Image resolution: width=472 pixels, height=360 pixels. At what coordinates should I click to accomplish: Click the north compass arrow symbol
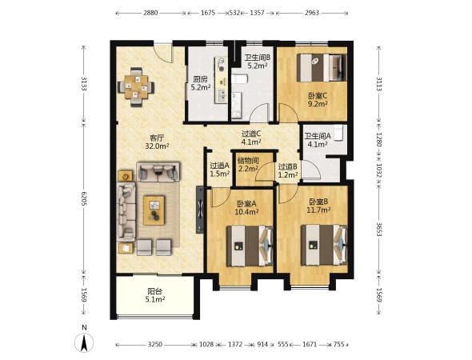84,342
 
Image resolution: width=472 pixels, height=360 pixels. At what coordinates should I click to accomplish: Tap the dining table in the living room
136,87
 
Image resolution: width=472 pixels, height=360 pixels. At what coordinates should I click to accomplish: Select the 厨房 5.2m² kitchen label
201,83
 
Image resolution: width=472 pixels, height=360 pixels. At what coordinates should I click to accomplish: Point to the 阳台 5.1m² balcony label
155,295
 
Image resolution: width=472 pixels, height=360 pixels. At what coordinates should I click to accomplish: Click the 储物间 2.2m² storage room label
248,164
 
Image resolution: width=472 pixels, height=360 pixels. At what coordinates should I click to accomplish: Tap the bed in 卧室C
322,68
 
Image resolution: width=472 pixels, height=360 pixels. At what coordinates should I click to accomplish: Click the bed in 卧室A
250,246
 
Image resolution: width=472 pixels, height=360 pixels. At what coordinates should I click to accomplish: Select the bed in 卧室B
324,245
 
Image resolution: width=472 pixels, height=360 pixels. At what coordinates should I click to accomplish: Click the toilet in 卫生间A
339,133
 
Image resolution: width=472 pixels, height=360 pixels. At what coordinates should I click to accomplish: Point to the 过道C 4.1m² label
251,138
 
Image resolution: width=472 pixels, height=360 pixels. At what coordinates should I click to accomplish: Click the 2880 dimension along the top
150,13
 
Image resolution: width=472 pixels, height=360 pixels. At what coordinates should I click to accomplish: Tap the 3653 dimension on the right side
379,230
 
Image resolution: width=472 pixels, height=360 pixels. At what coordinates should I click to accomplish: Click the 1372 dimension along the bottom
235,344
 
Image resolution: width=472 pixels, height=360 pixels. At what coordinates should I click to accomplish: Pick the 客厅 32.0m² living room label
157,142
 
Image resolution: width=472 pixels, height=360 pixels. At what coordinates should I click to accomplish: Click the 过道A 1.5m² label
220,170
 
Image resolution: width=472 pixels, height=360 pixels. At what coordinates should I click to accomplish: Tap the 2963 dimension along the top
312,13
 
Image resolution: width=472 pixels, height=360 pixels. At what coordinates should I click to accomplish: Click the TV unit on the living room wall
200,210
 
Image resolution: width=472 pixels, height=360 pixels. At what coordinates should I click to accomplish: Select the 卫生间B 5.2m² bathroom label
258,62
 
